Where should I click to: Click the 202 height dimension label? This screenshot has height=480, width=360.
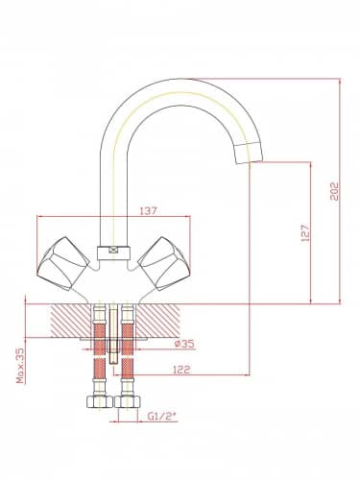[334, 191]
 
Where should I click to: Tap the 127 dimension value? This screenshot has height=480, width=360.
[305, 232]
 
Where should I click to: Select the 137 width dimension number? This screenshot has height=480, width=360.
[149, 211]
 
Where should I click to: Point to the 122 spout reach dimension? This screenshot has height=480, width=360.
[181, 370]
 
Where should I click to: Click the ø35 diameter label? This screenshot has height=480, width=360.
[184, 344]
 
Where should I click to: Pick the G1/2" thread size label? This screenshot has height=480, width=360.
[162, 417]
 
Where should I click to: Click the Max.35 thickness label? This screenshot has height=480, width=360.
[20, 366]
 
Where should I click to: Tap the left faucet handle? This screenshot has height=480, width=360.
[63, 263]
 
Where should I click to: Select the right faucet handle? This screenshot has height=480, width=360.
[165, 263]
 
